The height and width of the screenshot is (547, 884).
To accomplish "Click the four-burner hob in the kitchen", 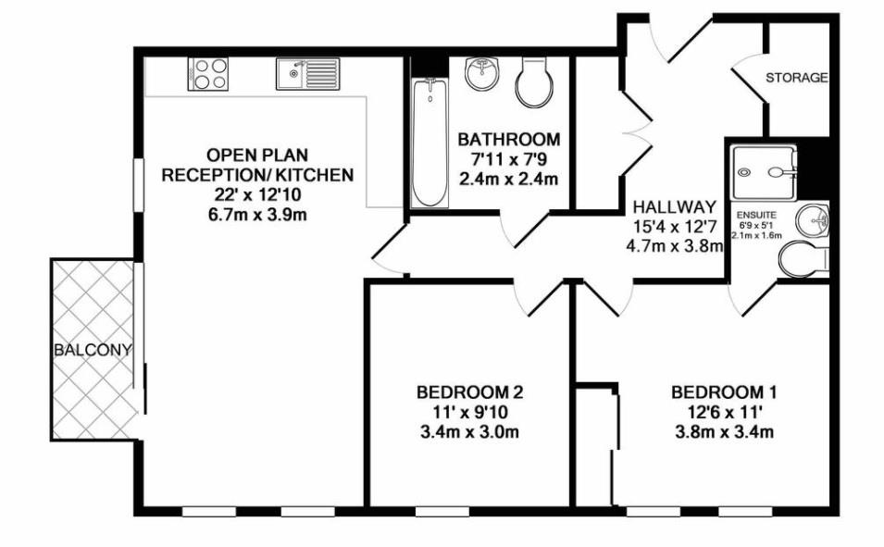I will pyautogui.click(x=208, y=73).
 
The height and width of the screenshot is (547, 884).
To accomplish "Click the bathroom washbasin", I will pyautogui.click(x=482, y=72).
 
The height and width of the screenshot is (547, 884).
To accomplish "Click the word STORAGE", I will pyautogui.click(x=796, y=78).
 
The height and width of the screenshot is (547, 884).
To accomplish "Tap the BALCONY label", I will pyautogui.click(x=93, y=351).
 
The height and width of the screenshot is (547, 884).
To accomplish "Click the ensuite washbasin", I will pyautogui.click(x=814, y=220).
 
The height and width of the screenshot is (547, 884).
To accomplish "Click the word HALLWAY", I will pyautogui.click(x=675, y=207).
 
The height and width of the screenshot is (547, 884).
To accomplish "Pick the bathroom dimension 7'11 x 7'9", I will pyautogui.click(x=509, y=159).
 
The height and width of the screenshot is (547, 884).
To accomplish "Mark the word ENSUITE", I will pyautogui.click(x=756, y=214).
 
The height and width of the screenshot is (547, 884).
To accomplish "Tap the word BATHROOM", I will pyautogui.click(x=509, y=140).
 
